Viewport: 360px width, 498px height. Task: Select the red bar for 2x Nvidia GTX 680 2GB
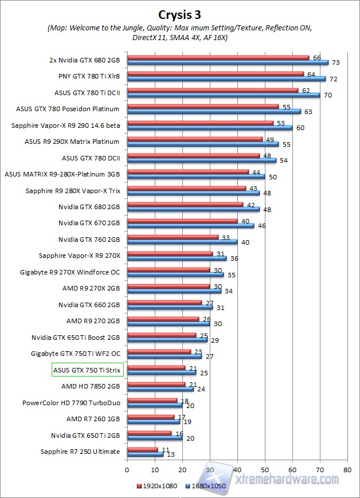coord(218,57)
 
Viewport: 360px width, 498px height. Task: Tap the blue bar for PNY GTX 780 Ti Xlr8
coord(226,79)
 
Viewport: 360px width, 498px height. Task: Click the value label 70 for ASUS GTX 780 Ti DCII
coord(327,95)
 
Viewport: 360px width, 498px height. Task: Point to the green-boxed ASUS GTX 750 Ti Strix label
coord(87,370)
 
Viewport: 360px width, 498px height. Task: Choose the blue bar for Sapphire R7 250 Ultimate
coord(146,454)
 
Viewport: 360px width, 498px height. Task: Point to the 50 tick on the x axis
coord(265,469)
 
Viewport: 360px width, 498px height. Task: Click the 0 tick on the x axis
coord(127,469)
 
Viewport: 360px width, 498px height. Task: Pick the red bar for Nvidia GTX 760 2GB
coord(173,237)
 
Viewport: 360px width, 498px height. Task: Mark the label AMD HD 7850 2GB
coord(91,386)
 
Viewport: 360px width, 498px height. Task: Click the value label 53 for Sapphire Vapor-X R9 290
coord(280,122)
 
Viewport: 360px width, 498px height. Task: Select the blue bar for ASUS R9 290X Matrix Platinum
coord(203,144)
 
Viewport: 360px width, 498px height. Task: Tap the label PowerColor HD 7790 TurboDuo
coord(71,402)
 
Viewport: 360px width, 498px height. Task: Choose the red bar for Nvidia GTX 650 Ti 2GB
coord(149,433)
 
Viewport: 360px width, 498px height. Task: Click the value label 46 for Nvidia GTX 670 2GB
coord(261,226)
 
